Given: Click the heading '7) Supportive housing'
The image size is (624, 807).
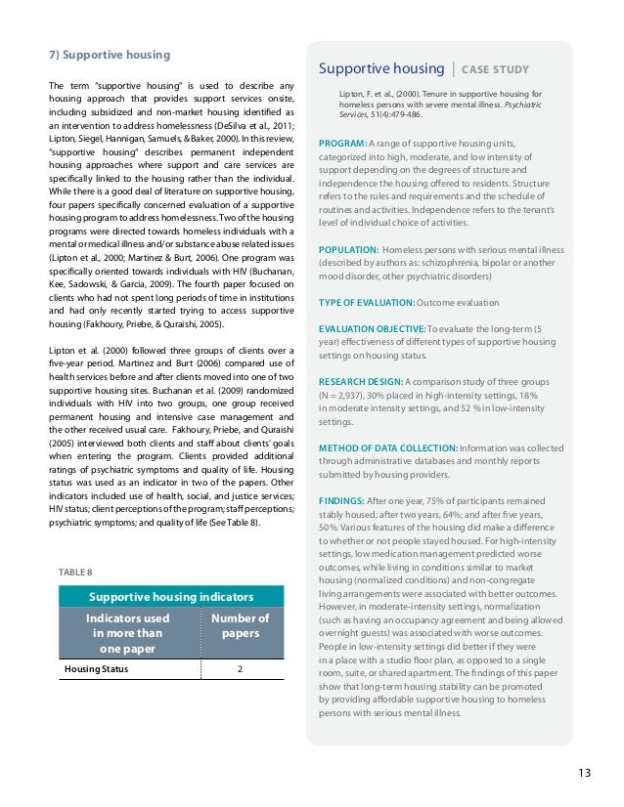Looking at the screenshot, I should tap(110, 54).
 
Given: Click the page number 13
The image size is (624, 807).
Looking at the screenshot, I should tap(584, 774).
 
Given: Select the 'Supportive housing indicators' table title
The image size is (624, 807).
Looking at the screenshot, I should tap(171, 596).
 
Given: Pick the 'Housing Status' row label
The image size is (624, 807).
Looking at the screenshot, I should tap(96, 669).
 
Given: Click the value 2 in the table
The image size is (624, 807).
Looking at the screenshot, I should tap(241, 669).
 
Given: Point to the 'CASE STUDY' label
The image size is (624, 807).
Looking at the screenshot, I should tap(496, 69).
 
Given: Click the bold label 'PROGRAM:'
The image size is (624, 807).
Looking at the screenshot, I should tap(342, 145).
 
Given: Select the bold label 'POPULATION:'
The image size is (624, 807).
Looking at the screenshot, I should tap(347, 250).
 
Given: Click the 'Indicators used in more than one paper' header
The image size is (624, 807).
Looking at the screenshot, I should tap(127, 633).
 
